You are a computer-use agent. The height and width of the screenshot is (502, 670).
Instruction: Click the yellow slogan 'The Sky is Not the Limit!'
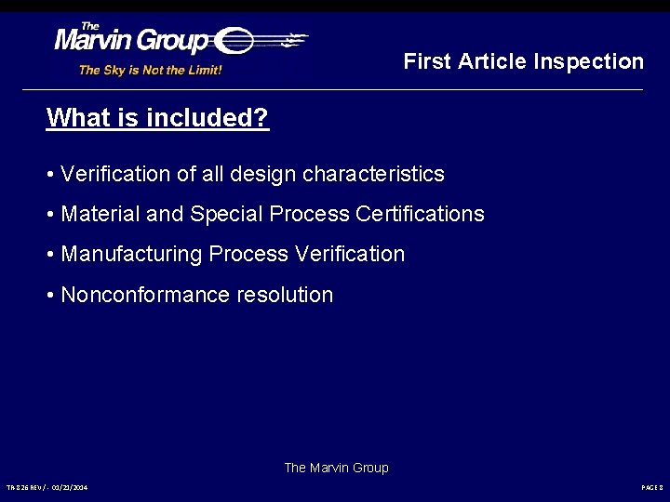click(150, 70)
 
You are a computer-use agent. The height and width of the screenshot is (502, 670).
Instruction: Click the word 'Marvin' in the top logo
click(97, 42)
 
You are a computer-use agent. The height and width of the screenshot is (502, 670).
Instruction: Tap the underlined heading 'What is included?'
click(157, 118)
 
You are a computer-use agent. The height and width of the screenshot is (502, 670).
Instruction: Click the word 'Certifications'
click(420, 214)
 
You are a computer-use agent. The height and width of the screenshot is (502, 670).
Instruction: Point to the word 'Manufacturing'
click(131, 254)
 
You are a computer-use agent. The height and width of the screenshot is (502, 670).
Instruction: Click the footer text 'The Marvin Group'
click(336, 468)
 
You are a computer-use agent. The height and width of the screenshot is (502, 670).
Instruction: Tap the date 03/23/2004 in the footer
click(70, 487)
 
